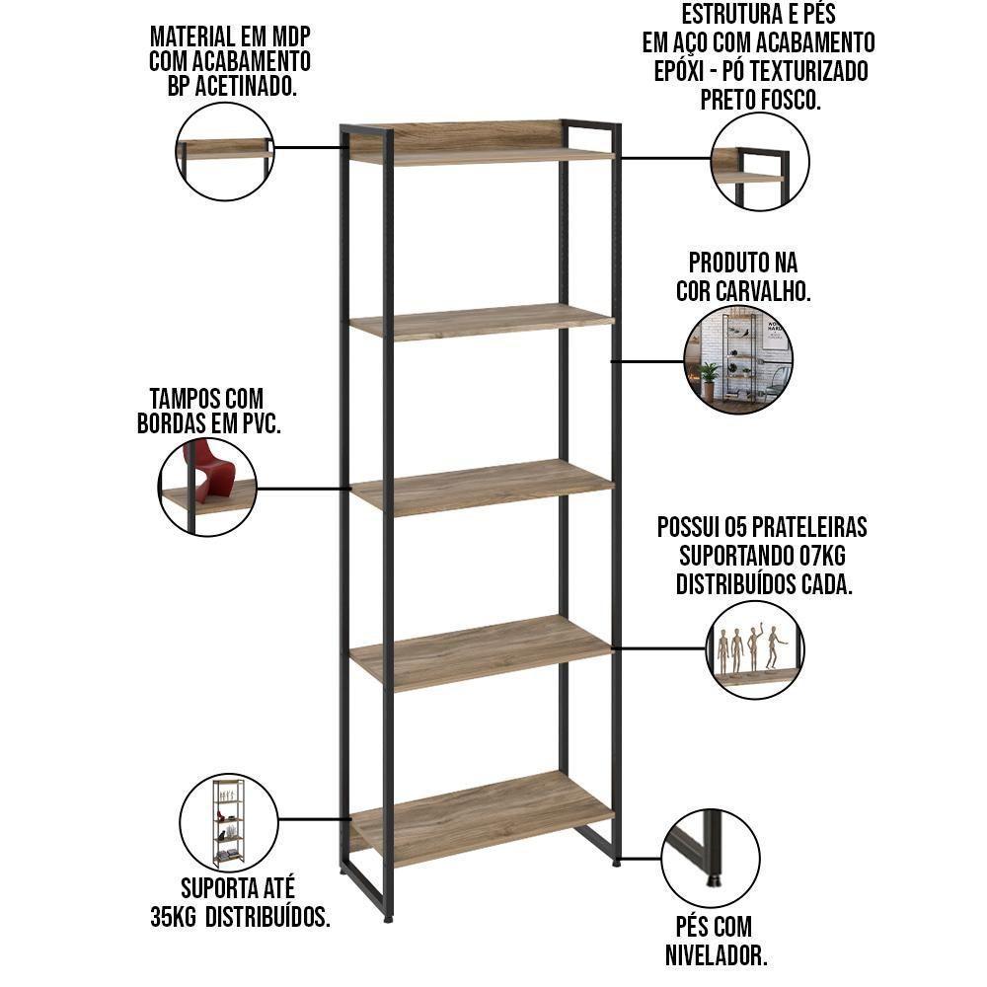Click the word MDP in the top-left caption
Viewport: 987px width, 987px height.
[290, 37]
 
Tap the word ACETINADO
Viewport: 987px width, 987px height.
[246, 86]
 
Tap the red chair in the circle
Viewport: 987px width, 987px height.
[208, 470]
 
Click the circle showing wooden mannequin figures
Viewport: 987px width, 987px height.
[755, 649]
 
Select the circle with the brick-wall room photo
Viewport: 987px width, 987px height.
[738, 360]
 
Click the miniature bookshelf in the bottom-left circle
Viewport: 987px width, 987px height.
[228, 821]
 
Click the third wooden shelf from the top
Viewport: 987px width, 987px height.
[483, 487]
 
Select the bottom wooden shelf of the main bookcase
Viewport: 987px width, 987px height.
[483, 817]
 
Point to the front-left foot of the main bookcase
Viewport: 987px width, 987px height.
[387, 919]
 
